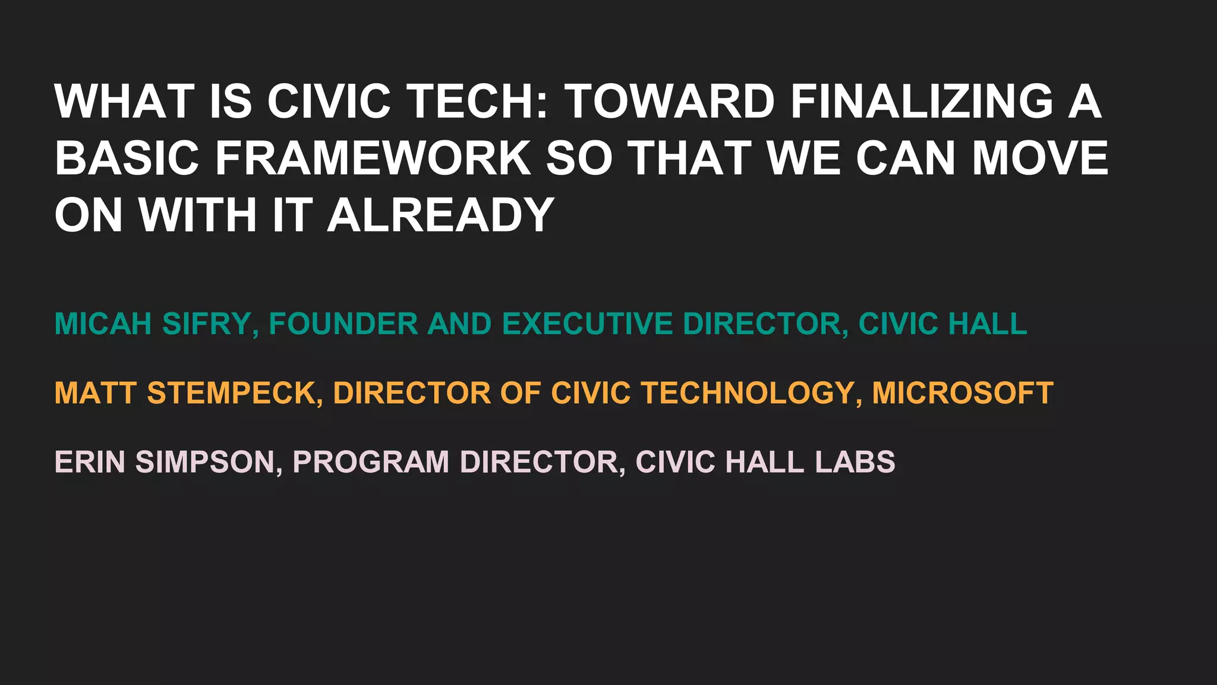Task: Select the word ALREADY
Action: pyautogui.click(x=441, y=215)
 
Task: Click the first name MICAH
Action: pyautogui.click(x=103, y=324)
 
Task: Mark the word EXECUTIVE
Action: pyautogui.click(x=587, y=324)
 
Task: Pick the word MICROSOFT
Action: pyautogui.click(x=963, y=393)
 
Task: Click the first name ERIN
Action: pyautogui.click(x=90, y=462)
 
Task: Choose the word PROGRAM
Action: pyautogui.click(x=371, y=462)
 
